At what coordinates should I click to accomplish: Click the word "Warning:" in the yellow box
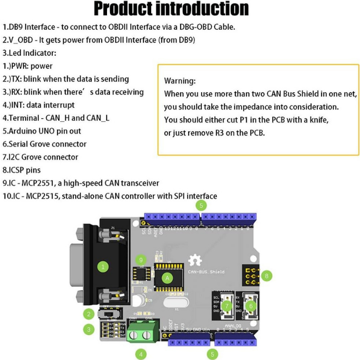(180, 81)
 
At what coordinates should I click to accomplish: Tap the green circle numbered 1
(102, 265)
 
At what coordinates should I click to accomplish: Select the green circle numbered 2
(88, 314)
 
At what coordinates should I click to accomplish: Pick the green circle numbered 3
(88, 330)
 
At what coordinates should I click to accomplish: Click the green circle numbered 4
(141, 354)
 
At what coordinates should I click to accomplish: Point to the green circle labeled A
(167, 277)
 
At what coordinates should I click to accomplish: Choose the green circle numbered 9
(141, 260)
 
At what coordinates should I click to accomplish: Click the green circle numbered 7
(226, 305)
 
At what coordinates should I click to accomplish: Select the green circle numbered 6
(250, 305)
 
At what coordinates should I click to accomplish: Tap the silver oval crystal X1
(172, 303)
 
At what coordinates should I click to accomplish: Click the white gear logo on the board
(195, 261)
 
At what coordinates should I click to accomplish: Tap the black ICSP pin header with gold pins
(251, 276)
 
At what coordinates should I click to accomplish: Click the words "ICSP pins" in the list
(24, 170)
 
